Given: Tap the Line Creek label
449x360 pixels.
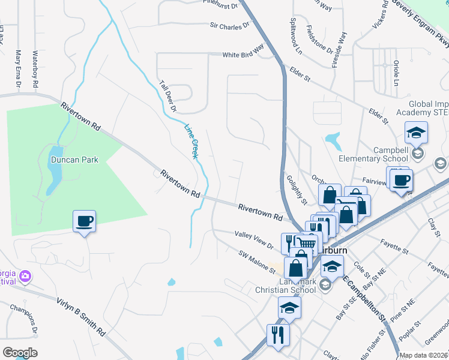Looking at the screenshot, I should [191, 141].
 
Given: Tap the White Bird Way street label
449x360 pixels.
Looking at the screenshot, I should [243, 54].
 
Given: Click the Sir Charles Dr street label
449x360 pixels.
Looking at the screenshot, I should [229, 26].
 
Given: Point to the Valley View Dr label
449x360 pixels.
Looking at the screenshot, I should [254, 241].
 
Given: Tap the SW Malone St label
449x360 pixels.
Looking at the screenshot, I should [256, 262].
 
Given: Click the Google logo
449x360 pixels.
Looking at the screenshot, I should [20, 352].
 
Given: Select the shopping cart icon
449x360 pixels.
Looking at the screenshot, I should [307, 242].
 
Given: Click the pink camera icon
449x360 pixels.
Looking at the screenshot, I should [25, 276].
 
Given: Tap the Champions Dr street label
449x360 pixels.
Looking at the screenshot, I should [22, 319].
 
